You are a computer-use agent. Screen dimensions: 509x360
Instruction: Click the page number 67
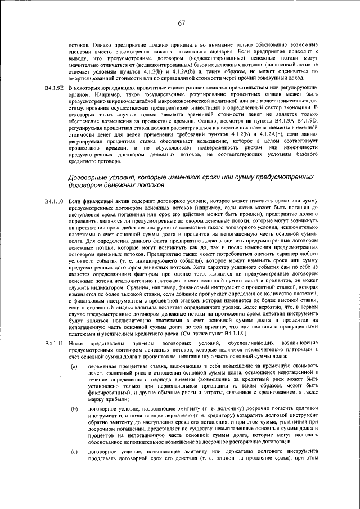pyautogui.click(x=182, y=23)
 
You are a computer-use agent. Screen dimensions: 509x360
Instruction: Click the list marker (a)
pyautogui.click(x=74, y=366)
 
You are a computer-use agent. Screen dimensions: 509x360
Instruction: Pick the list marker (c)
pyautogui.click(x=74, y=467)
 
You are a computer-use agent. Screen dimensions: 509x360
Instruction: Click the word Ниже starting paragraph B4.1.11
pyautogui.click(x=74, y=343)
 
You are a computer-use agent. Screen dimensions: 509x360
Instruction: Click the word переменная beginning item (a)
pyautogui.click(x=104, y=366)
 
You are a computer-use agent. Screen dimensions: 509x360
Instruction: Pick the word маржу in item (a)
pyautogui.click(x=97, y=400)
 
